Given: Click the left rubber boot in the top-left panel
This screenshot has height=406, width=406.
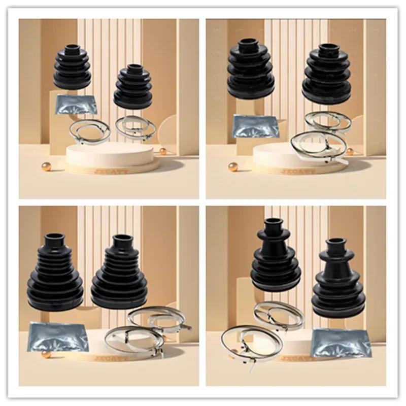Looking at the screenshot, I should [72, 67].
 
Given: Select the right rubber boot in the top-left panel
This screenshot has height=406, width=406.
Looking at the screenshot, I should [133, 87].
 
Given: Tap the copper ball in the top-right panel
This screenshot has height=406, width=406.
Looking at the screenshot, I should [233, 166].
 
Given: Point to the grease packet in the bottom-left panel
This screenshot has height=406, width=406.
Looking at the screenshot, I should [57, 336].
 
